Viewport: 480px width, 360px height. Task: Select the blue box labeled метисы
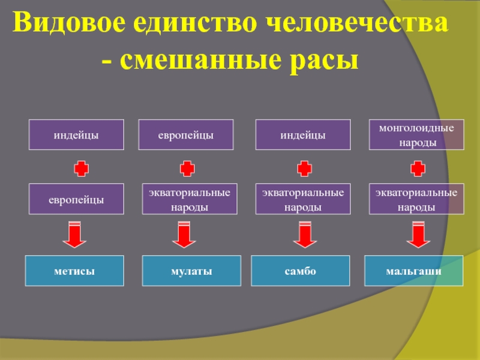74,271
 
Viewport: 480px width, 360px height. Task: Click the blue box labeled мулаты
191,271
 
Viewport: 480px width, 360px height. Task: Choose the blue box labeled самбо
301,271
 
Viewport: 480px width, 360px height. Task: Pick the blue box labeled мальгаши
414,271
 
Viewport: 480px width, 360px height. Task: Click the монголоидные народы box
416,134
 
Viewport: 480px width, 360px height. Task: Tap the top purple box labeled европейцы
185,134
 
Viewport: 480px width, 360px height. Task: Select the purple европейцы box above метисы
76,199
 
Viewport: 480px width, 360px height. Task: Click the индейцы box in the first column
76,134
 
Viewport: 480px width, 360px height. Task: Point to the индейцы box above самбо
303,134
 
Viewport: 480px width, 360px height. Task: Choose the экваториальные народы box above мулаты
189,199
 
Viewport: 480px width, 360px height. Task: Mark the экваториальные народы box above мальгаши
416,199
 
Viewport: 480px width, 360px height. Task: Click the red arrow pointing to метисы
75,235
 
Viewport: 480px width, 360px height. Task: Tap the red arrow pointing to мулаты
184,235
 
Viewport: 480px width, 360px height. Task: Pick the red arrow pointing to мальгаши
418,235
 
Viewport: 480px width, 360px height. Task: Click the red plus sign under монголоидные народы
418,167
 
